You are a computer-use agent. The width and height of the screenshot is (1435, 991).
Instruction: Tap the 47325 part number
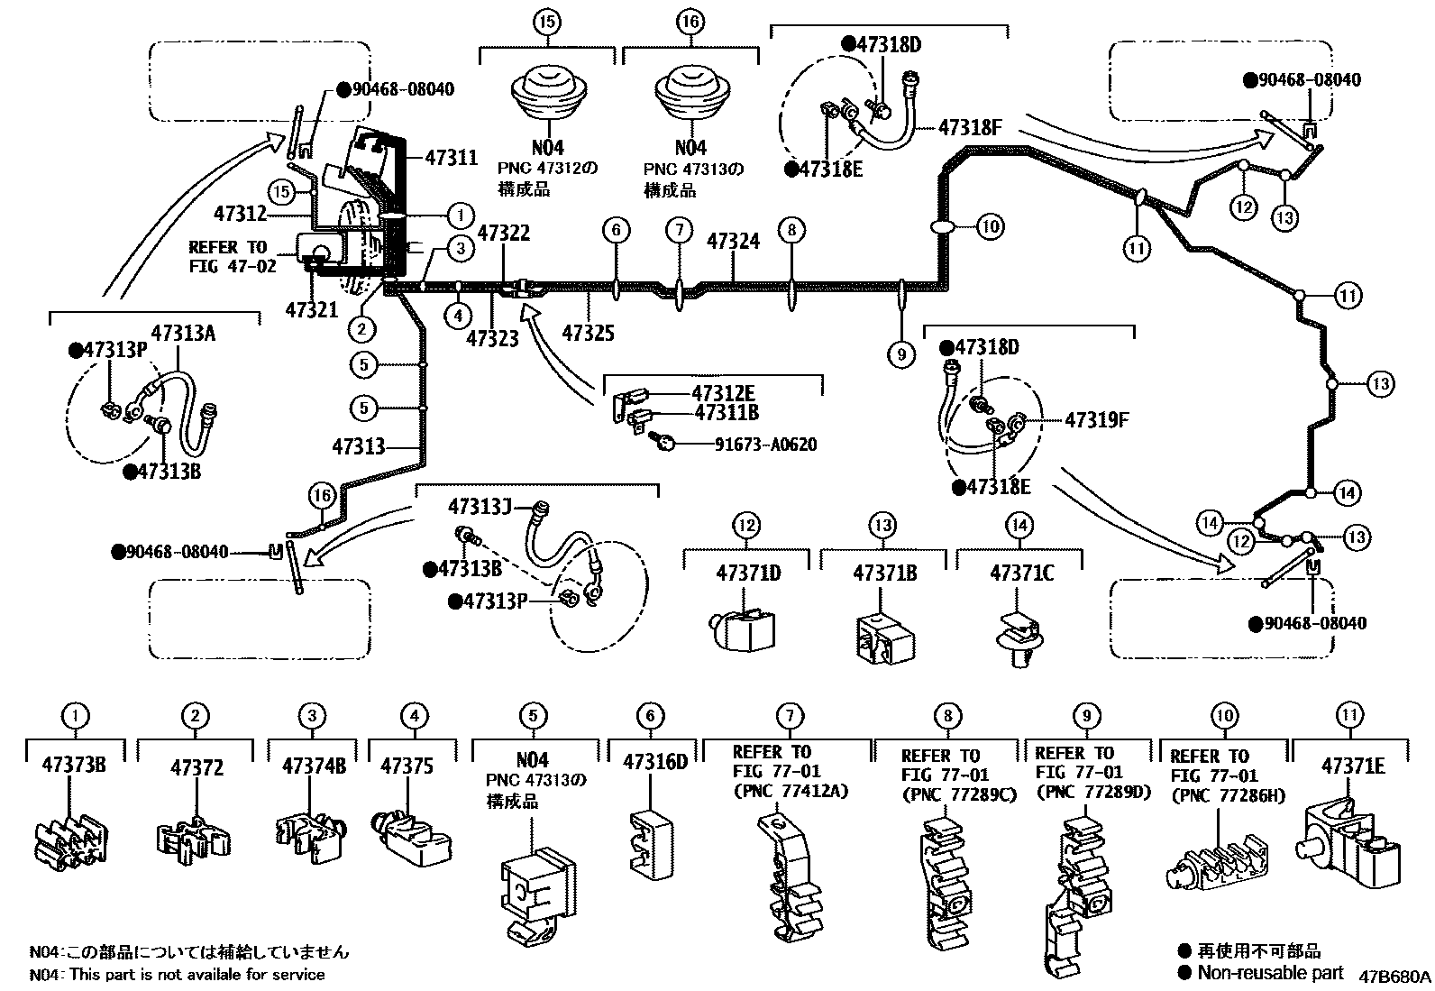(588, 334)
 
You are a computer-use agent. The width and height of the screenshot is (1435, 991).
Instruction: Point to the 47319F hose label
(1097, 419)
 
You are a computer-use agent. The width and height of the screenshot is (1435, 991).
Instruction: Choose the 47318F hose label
(970, 127)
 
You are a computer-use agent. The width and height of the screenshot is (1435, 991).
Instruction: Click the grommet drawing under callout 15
(549, 93)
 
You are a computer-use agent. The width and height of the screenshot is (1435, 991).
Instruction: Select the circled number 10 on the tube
(990, 226)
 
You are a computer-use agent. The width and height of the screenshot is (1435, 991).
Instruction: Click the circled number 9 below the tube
(901, 354)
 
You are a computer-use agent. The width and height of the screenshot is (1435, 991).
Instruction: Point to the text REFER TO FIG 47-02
(227, 256)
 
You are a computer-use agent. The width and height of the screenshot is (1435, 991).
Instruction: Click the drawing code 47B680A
(1394, 976)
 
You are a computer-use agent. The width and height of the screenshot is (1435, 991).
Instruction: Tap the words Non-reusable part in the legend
(1270, 972)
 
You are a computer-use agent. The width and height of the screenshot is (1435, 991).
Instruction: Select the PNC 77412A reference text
(791, 792)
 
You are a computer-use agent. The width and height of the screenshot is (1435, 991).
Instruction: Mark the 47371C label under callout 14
(1021, 573)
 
